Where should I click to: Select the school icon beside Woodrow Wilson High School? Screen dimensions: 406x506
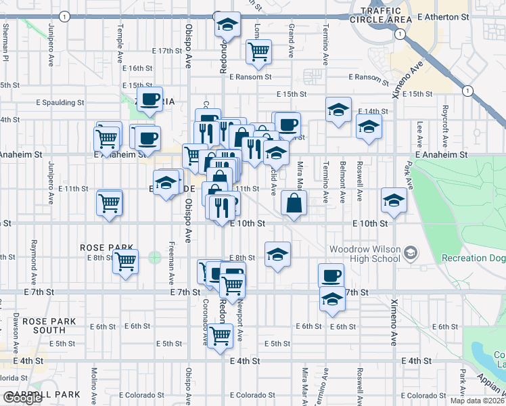click(x=410, y=254)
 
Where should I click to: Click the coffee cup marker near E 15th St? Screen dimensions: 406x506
click(x=150, y=99)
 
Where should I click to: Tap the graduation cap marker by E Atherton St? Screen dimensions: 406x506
click(x=228, y=24)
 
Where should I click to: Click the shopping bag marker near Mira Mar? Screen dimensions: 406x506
click(x=294, y=202)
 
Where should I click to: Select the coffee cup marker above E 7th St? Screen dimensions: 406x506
click(x=331, y=275)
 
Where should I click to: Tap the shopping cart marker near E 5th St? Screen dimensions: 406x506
click(x=219, y=334)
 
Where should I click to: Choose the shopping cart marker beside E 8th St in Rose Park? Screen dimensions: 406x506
click(x=125, y=261)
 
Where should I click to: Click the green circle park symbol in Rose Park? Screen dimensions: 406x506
click(x=155, y=257)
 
